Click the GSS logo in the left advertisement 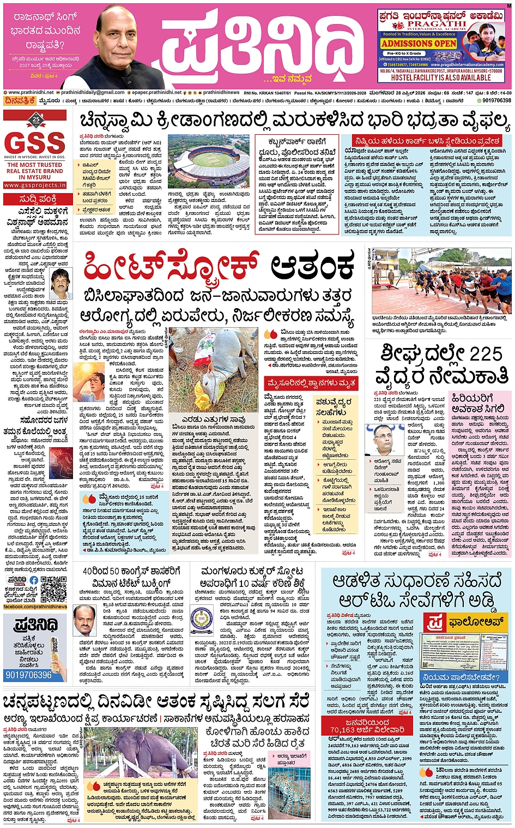[x=35, y=142]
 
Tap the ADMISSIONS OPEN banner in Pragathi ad [x=418, y=43]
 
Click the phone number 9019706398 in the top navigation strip [x=496, y=100]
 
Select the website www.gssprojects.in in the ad [x=35, y=185]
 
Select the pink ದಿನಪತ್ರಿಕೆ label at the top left [x=20, y=100]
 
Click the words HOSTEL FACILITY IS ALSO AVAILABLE [x=441, y=78]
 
